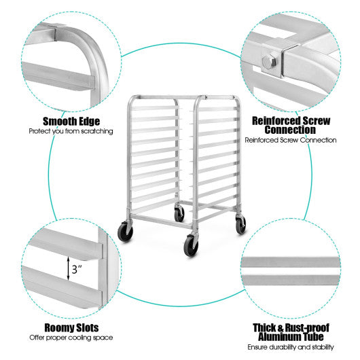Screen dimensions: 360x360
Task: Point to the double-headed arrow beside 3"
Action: [x=67, y=269]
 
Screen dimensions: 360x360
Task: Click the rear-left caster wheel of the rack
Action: [x=179, y=214]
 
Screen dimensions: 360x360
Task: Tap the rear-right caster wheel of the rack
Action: [x=241, y=226]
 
